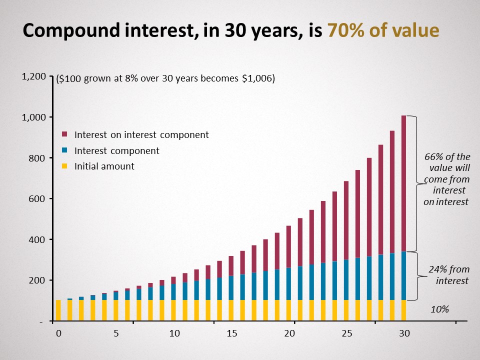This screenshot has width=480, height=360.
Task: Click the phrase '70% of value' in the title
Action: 383,31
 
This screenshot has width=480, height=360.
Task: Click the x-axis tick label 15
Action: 232,333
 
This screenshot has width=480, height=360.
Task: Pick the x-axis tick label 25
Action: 347,333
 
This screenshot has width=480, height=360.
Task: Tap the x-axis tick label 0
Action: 58,333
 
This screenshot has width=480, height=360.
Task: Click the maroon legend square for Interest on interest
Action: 64,134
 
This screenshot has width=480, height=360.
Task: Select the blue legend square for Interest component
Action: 64,150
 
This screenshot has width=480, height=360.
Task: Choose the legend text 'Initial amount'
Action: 104,166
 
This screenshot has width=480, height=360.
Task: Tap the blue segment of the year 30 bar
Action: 403,275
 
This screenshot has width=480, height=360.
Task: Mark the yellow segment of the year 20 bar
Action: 288,310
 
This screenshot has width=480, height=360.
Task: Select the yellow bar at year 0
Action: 58,310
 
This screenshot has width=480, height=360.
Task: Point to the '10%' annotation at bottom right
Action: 440,309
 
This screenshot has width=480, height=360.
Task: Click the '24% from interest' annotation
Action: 449,275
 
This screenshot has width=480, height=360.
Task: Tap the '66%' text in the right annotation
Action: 434,157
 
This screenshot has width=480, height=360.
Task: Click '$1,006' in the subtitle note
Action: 259,78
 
